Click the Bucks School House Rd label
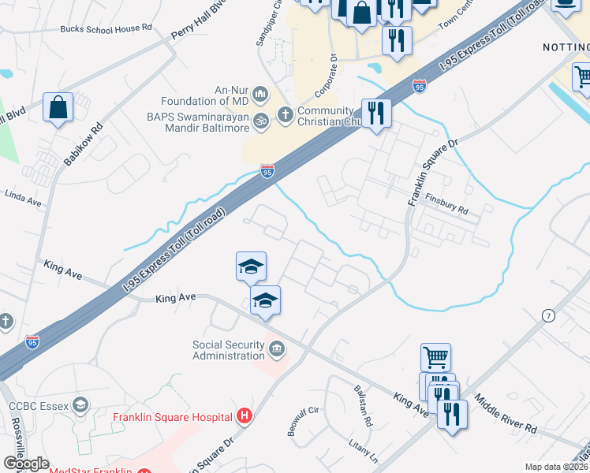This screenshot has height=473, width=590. coord(106,28)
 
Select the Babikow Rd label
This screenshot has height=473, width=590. coord(83,144)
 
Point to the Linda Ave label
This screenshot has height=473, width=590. coord(23,201)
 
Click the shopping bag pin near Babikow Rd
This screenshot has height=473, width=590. coord(58,108)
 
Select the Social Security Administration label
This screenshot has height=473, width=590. coord(229,349)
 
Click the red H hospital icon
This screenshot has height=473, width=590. coord(245,415)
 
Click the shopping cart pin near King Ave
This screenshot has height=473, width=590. coord(435,358)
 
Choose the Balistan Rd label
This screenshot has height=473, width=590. coord(362,406)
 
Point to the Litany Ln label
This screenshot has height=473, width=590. coord(364,450)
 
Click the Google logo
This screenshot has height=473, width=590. coord(26,463)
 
